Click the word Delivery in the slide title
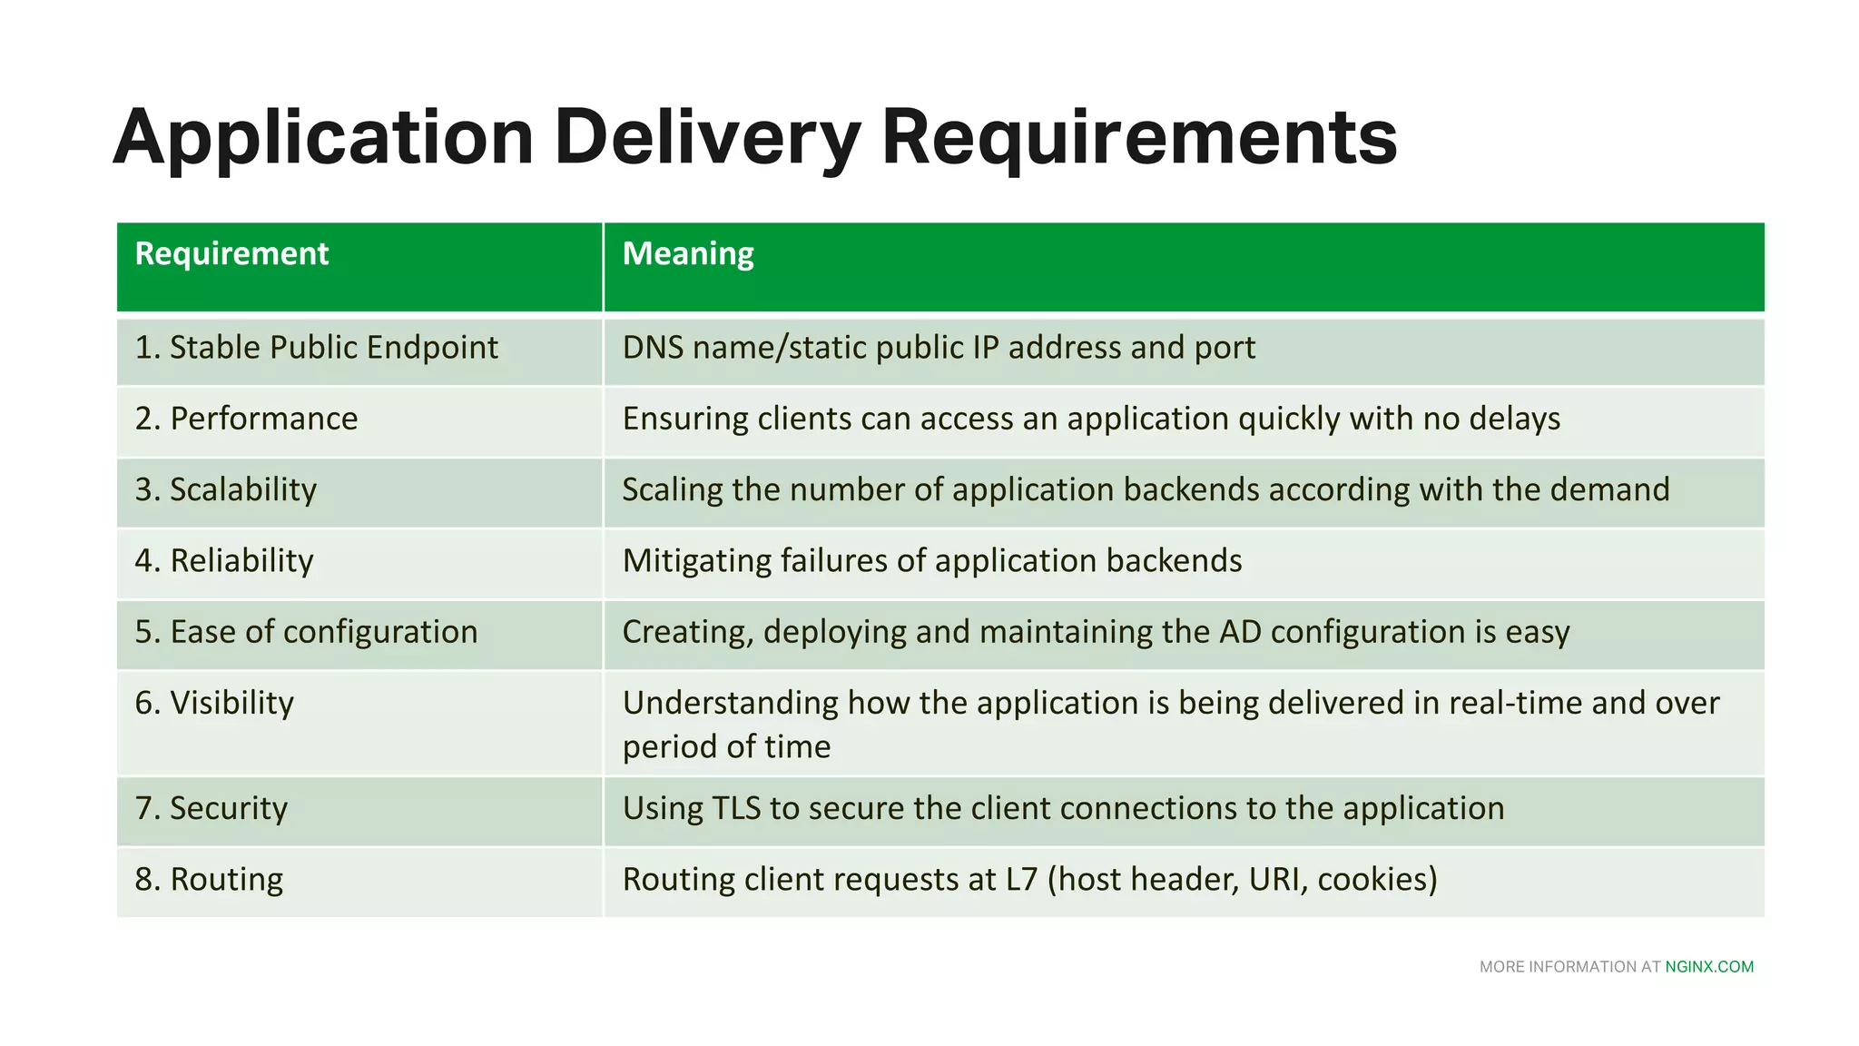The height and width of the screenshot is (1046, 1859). click(706, 138)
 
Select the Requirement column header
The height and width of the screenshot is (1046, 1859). click(231, 254)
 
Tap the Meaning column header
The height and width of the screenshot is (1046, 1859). click(688, 254)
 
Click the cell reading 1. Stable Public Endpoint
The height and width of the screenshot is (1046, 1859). click(316, 348)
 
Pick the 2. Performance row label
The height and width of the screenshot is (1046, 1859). click(246, 419)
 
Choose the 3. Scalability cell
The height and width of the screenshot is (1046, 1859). click(225, 489)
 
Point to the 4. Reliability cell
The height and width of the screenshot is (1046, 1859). click(223, 560)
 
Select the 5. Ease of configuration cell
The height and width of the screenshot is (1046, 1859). click(306, 632)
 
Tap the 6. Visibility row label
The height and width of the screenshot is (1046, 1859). click(214, 703)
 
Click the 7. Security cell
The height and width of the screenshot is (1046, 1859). click(211, 808)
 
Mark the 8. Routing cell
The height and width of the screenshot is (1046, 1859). click(209, 879)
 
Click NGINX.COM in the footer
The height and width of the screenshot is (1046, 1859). click(1709, 967)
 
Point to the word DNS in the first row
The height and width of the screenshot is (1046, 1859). click(653, 348)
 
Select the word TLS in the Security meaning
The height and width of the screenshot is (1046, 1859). click(736, 808)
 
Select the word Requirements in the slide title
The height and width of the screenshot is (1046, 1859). click(1139, 138)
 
